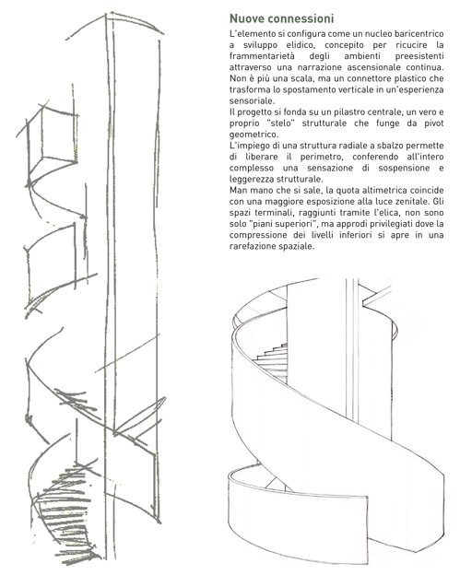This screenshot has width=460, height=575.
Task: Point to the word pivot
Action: coord(434,123)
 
